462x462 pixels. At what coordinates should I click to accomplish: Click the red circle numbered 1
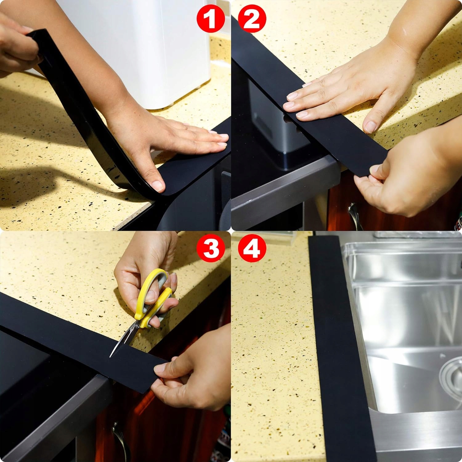point(210,19)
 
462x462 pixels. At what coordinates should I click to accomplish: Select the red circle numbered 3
point(211,249)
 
